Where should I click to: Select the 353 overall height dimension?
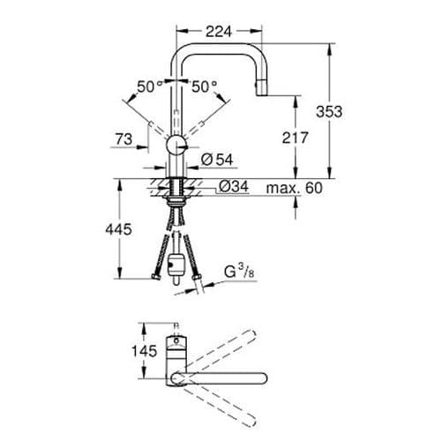[355, 111]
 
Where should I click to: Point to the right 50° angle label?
[204, 86]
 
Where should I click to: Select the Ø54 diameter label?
[212, 159]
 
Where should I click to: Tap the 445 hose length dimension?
[118, 229]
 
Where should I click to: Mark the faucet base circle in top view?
[177, 377]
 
